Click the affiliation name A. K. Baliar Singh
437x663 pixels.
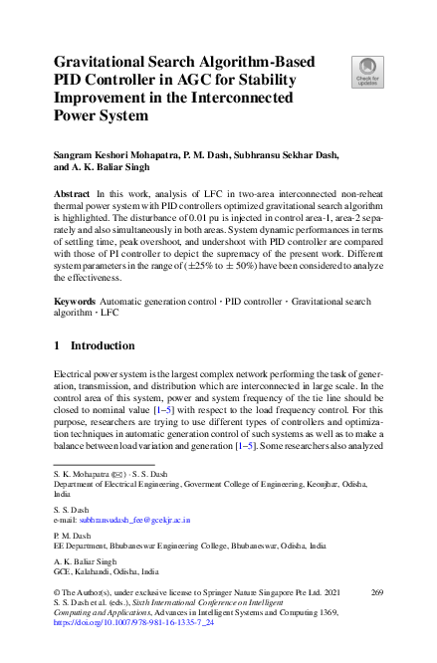pos(83,562)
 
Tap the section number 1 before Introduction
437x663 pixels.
pos(57,345)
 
